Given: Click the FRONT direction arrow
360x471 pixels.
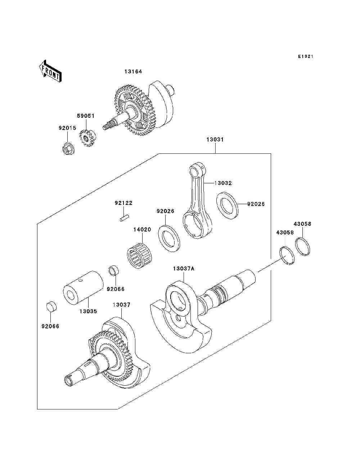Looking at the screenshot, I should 50,71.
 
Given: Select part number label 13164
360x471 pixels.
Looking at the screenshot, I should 133,71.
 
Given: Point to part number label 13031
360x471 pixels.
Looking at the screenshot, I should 215,139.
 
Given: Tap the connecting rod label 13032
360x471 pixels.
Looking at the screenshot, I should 223,183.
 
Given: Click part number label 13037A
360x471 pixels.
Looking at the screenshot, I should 184,269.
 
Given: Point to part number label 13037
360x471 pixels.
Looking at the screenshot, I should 121,305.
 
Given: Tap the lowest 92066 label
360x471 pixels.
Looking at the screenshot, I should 50,326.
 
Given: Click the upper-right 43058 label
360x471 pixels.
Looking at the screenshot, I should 303,224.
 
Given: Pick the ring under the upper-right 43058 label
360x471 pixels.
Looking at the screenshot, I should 305,246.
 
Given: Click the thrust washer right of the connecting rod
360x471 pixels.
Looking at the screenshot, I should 228,205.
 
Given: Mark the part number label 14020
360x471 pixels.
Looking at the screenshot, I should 142,229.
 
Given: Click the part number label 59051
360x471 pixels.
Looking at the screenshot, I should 86,116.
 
